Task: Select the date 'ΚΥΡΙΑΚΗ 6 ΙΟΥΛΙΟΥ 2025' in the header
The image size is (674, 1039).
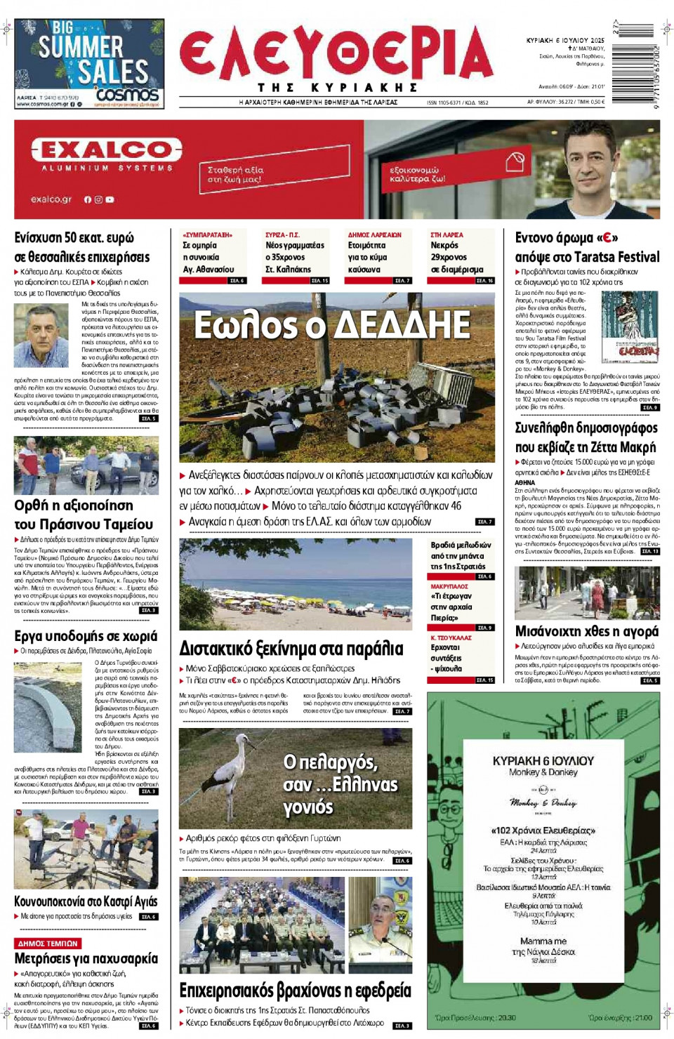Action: (564, 41)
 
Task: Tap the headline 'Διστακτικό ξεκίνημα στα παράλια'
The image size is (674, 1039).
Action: (291, 648)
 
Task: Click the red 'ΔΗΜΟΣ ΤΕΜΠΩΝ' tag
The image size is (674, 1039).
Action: (48, 944)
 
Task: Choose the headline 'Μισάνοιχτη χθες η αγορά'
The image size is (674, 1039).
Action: (587, 631)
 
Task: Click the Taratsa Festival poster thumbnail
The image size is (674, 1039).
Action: (629, 326)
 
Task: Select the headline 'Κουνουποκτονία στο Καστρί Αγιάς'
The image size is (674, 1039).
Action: (86, 901)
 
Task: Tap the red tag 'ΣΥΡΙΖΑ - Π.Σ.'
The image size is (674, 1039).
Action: (282, 235)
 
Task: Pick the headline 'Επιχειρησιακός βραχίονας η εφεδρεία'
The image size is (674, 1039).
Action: (295, 991)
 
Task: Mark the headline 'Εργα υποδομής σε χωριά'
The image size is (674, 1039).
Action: (86, 636)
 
